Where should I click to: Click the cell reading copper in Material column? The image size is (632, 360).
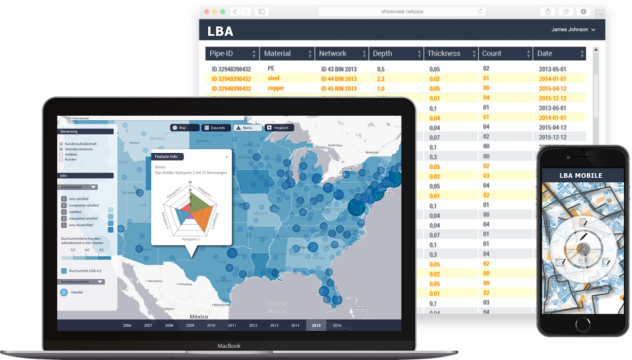276,88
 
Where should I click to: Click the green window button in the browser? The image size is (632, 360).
223,11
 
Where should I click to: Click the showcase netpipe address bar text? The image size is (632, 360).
403,11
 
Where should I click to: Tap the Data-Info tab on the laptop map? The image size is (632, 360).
214,128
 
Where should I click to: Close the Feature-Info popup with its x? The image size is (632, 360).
227,157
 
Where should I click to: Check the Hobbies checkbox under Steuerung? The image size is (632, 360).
62,154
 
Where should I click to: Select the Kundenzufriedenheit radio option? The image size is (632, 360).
62,143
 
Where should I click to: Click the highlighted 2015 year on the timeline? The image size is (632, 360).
316,325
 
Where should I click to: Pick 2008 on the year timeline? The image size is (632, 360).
169,325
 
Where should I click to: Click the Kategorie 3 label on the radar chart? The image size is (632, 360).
191,239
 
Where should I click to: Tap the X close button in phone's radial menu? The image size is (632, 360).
583,249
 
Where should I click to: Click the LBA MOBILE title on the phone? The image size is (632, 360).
581,175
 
